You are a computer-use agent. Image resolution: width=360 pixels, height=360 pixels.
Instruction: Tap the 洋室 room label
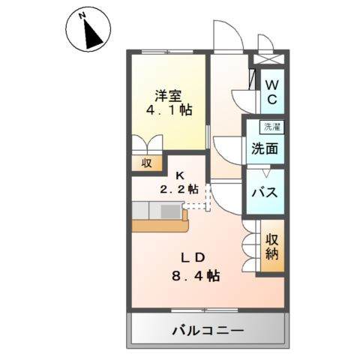(x=169, y=96)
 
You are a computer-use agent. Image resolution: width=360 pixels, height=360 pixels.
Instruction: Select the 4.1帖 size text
(x=169, y=110)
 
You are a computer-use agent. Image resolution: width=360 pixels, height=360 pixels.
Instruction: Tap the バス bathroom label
(x=265, y=192)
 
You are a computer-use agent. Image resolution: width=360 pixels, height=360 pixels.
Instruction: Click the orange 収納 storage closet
(x=271, y=247)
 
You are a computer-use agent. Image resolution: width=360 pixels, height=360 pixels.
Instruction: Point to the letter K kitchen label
(x=180, y=176)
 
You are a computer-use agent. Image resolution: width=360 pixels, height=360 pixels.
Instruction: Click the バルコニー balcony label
(x=207, y=329)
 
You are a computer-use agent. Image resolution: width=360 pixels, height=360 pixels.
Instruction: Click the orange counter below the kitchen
(x=160, y=224)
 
